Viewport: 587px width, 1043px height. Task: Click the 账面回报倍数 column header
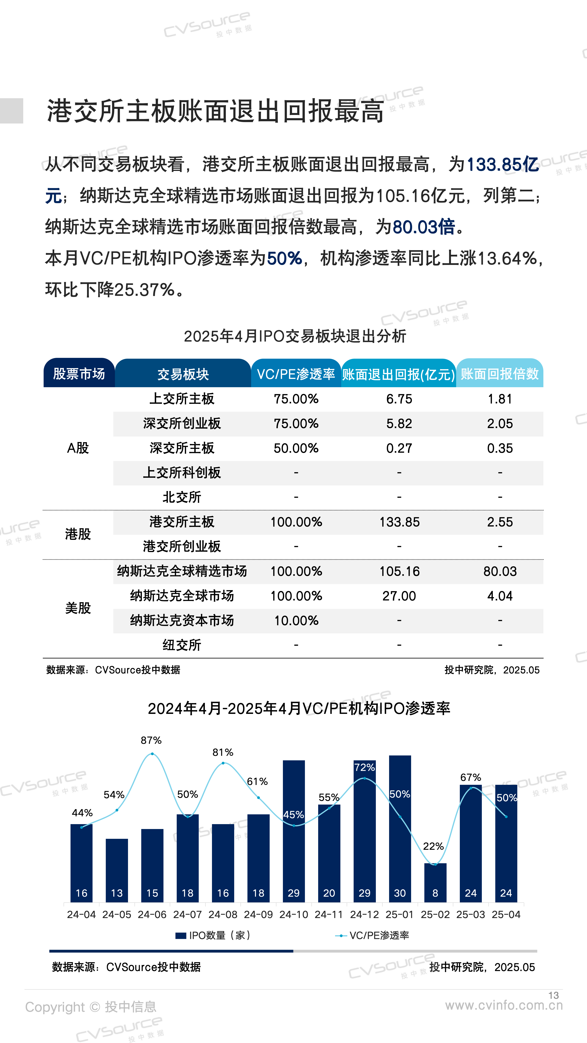pyautogui.click(x=500, y=374)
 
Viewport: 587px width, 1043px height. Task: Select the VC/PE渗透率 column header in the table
pyautogui.click(x=296, y=374)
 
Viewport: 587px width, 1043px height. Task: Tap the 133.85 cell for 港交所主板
pyautogui.click(x=399, y=522)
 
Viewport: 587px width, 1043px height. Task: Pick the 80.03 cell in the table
pyautogui.click(x=500, y=571)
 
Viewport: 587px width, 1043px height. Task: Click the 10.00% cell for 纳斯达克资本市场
pyautogui.click(x=296, y=620)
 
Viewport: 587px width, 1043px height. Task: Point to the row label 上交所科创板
pyautogui.click(x=182, y=473)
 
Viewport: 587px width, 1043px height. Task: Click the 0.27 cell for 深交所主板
pyautogui.click(x=399, y=448)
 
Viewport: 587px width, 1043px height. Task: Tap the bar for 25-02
pyautogui.click(x=435, y=883)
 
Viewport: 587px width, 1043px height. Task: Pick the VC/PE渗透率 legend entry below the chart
pyautogui.click(x=372, y=935)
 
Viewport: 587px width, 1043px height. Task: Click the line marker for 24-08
pyautogui.click(x=223, y=763)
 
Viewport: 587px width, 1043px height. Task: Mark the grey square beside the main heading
pyautogui.click(x=11, y=110)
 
